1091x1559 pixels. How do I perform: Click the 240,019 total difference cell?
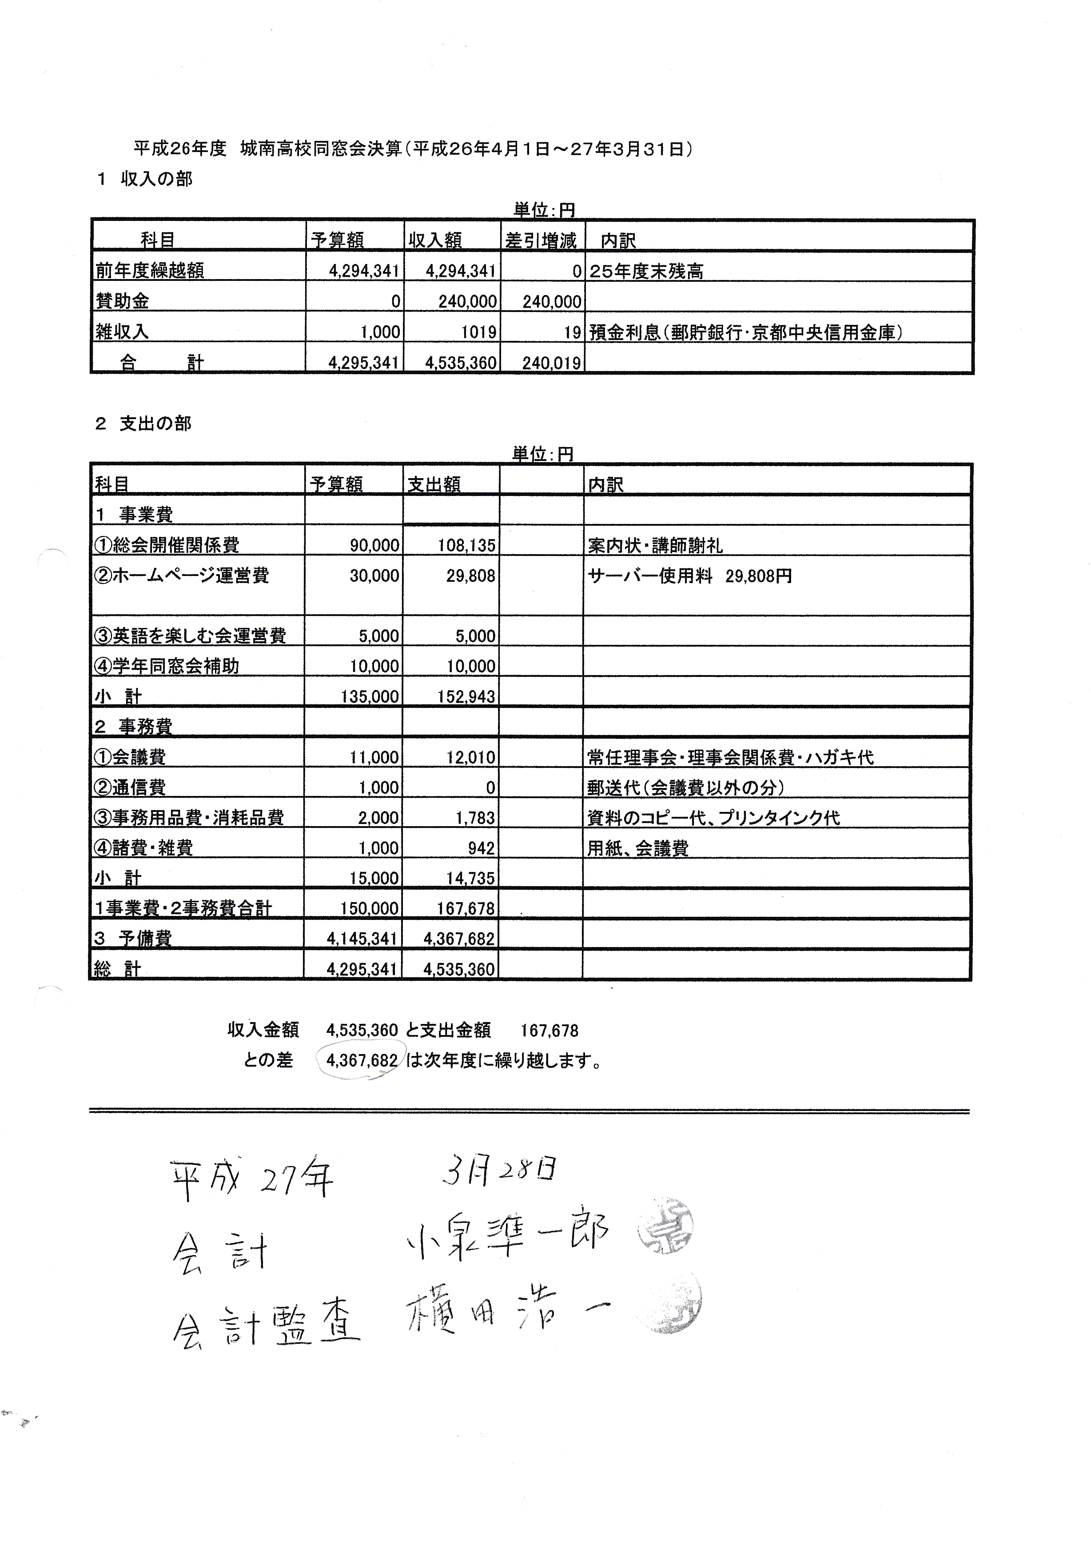pos(551,363)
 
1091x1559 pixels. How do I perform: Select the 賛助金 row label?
pos(122,301)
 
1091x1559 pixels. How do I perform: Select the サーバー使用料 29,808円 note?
pos(689,576)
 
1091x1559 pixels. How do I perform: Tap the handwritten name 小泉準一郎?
pos(507,1232)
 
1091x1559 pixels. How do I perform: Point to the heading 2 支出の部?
pos(143,424)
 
